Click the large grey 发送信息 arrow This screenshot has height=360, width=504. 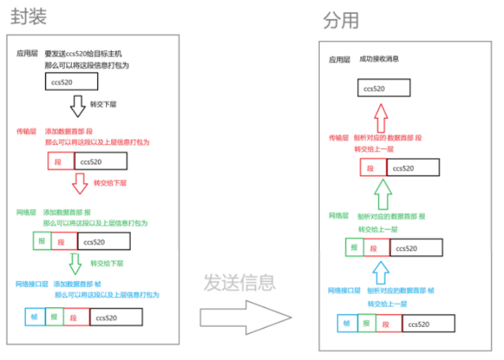[244, 315]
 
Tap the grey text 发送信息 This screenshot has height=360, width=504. [239, 282]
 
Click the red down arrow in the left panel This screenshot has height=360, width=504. [80, 183]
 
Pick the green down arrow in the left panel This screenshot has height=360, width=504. [75, 263]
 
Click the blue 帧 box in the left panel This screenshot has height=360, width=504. [34, 318]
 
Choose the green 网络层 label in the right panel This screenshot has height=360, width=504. [338, 216]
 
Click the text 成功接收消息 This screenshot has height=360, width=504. [379, 59]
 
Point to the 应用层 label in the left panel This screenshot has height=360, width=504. [26, 54]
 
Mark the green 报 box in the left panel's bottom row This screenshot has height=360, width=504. [53, 318]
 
